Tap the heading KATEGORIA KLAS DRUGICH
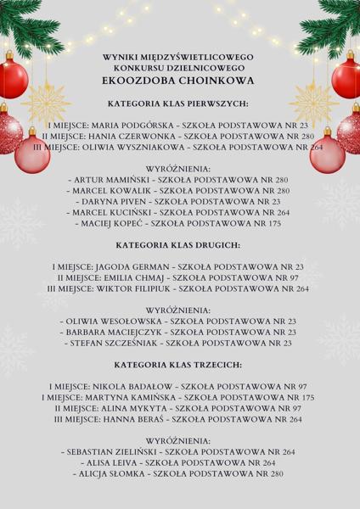coord(179,243)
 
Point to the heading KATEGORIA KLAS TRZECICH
coord(179,364)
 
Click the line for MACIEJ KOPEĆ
coord(179,225)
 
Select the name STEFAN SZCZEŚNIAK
coord(119,344)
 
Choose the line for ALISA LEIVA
coord(179,463)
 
